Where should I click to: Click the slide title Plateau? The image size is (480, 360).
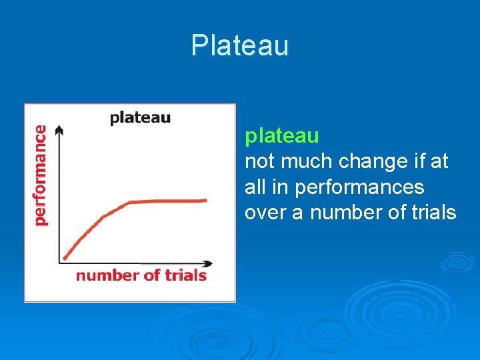tap(239, 45)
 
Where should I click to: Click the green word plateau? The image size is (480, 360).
tap(282, 136)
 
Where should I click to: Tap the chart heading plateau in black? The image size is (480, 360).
tap(140, 118)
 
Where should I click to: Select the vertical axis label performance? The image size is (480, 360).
tap(41, 175)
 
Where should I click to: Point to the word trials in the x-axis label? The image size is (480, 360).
tap(183, 275)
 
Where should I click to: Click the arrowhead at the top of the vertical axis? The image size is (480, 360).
tap(59, 129)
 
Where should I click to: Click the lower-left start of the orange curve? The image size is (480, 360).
tap(64, 257)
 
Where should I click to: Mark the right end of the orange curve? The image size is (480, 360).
tap(205, 199)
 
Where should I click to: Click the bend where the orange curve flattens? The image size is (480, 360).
tap(129, 202)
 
